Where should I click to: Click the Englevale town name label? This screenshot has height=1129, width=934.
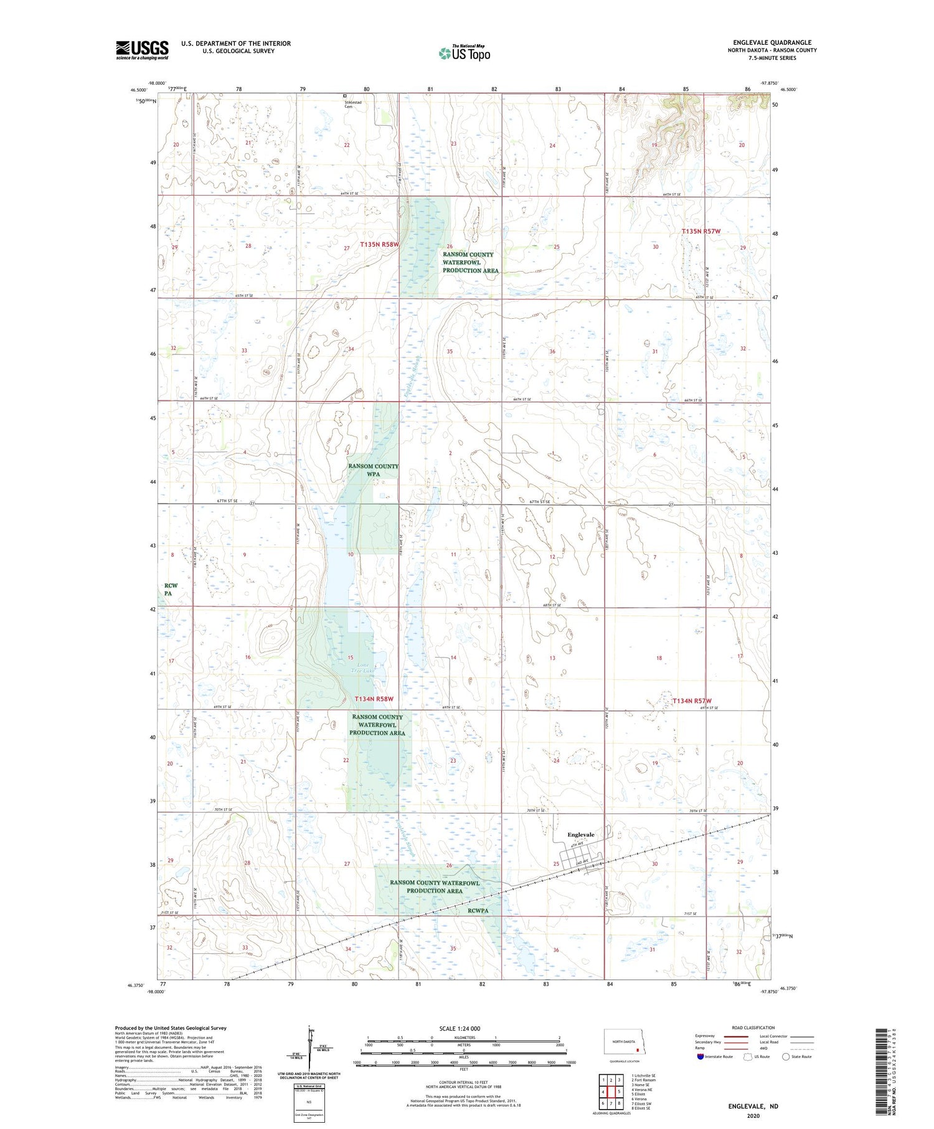pos(580,834)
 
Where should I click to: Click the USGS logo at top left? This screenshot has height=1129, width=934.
pos(142,50)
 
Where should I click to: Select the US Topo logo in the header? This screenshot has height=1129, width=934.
pos(464,53)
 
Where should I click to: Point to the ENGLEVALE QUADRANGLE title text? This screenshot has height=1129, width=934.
pos(771,42)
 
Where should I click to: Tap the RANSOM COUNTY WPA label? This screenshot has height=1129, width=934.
pos(373,470)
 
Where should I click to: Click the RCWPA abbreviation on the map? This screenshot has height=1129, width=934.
pos(478,910)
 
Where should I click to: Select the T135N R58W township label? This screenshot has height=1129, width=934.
pos(379,245)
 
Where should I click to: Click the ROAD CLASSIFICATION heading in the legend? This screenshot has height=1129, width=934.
pos(753,1027)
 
